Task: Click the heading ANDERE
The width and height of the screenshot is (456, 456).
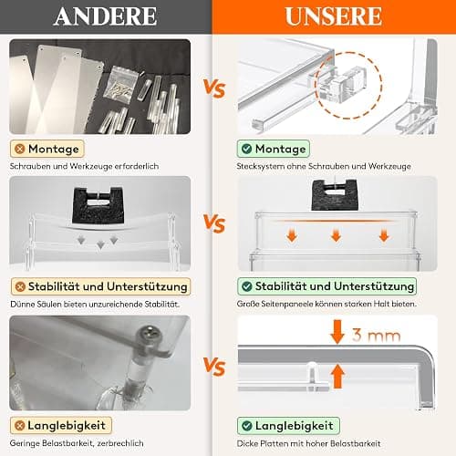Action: tap(105, 16)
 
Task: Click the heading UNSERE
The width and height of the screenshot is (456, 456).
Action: tap(334, 16)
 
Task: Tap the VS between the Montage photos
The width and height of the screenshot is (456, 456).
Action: tap(214, 88)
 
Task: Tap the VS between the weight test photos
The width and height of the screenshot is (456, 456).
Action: tap(214, 223)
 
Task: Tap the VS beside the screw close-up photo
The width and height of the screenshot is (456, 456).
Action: tap(214, 366)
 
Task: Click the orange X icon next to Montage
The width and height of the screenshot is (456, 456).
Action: tap(20, 149)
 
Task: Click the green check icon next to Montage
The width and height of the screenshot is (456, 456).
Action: tap(246, 149)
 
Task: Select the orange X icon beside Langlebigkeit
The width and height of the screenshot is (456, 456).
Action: tap(19, 425)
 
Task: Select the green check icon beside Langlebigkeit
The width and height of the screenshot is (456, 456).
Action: tap(246, 426)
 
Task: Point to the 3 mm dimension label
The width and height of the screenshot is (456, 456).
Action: tap(377, 335)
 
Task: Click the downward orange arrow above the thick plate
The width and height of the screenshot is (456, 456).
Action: tap(337, 332)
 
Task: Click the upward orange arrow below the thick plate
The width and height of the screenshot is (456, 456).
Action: tap(337, 377)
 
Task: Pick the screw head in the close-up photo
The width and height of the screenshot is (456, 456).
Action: tap(150, 334)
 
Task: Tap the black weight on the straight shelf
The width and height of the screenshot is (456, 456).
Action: tap(335, 195)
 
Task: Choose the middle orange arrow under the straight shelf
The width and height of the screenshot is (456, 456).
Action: tap(336, 235)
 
